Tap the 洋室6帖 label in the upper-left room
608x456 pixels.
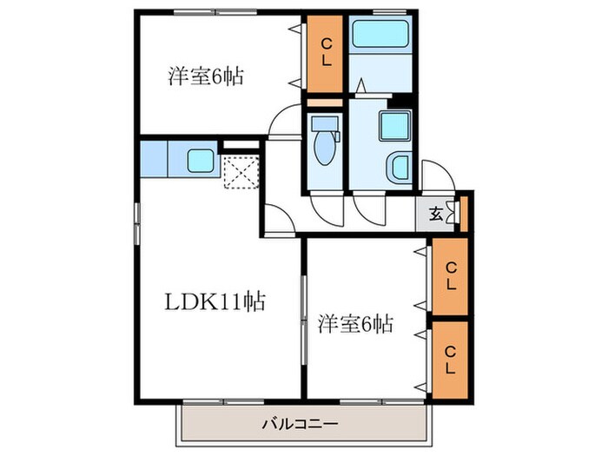tap(205, 76)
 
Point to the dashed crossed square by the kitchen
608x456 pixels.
tap(241, 170)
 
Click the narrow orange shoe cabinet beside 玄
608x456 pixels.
tap(464, 212)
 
